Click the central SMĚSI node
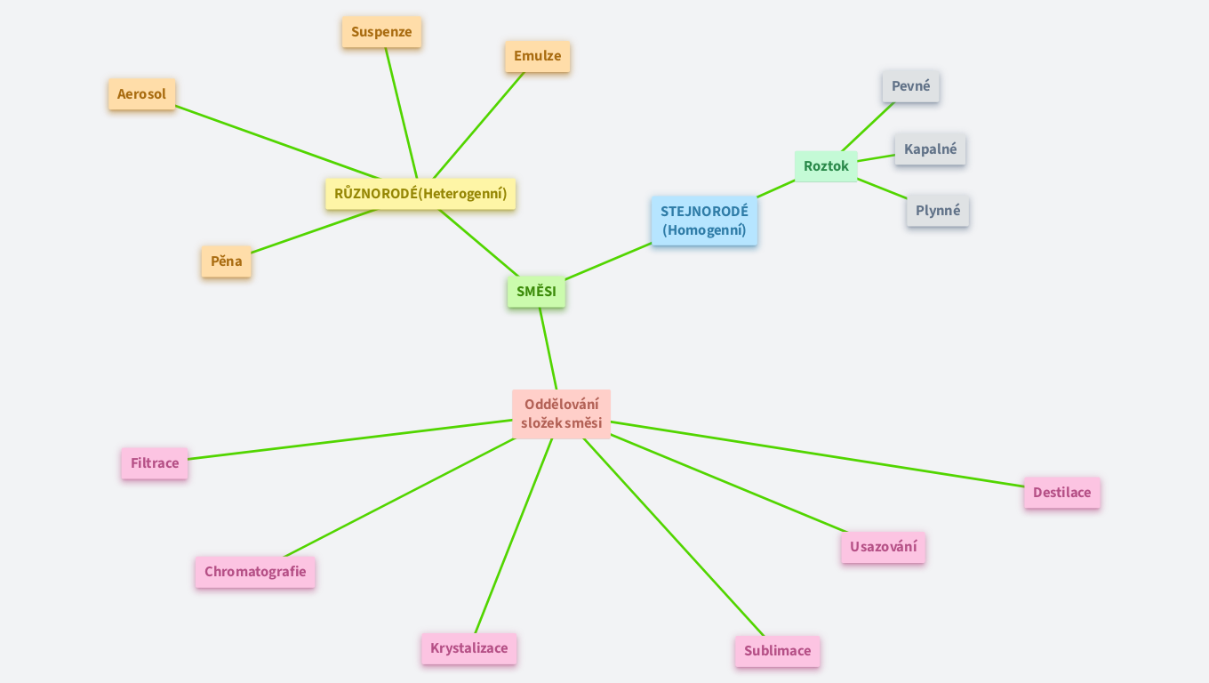(536, 292)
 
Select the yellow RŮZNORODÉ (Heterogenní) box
(420, 194)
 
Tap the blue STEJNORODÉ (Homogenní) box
(704, 221)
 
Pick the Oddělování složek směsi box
(561, 414)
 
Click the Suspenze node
(381, 32)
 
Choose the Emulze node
(537, 56)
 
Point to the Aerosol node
(142, 94)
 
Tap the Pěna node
(226, 261)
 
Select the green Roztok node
(826, 166)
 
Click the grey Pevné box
(910, 86)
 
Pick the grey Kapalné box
(930, 149)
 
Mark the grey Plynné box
(938, 211)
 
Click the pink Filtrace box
(155, 463)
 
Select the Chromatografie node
(255, 572)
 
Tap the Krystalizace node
(468, 648)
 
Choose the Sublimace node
(777, 651)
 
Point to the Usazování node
(883, 547)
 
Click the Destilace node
(1061, 493)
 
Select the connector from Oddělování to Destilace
(818, 454)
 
